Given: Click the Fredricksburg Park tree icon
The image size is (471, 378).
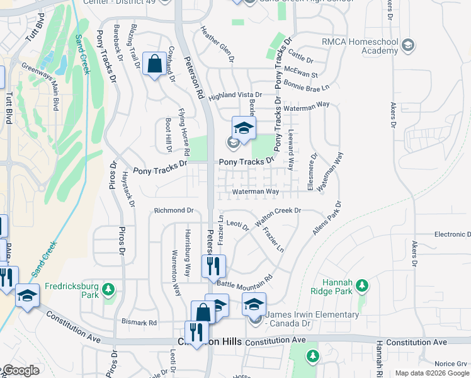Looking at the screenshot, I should pos(109,289).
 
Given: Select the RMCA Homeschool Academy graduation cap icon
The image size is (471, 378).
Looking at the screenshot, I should pos(408,45).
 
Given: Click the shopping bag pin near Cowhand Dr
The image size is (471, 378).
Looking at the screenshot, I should pos(154,64).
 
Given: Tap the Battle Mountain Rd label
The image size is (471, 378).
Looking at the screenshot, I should pos(244,277).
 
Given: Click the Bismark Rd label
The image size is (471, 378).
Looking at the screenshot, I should pos(139,323).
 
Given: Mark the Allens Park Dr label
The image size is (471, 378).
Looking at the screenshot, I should pos(326,219).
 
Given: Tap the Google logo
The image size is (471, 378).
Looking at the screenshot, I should pos(20,371).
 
